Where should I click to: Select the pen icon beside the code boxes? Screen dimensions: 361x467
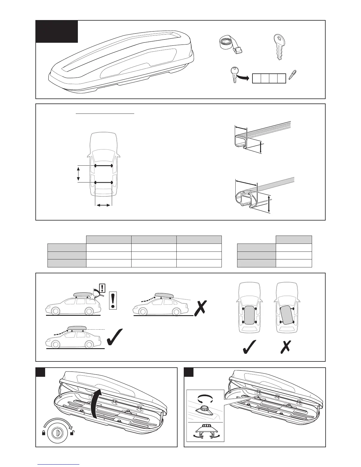coord(292,75)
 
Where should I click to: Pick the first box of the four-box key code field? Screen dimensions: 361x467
coord(257,78)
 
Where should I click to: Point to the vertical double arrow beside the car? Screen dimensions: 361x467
coord(78,174)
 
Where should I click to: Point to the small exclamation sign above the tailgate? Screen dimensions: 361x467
coord(102,287)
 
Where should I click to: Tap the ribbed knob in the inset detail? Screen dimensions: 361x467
coord(204,408)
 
